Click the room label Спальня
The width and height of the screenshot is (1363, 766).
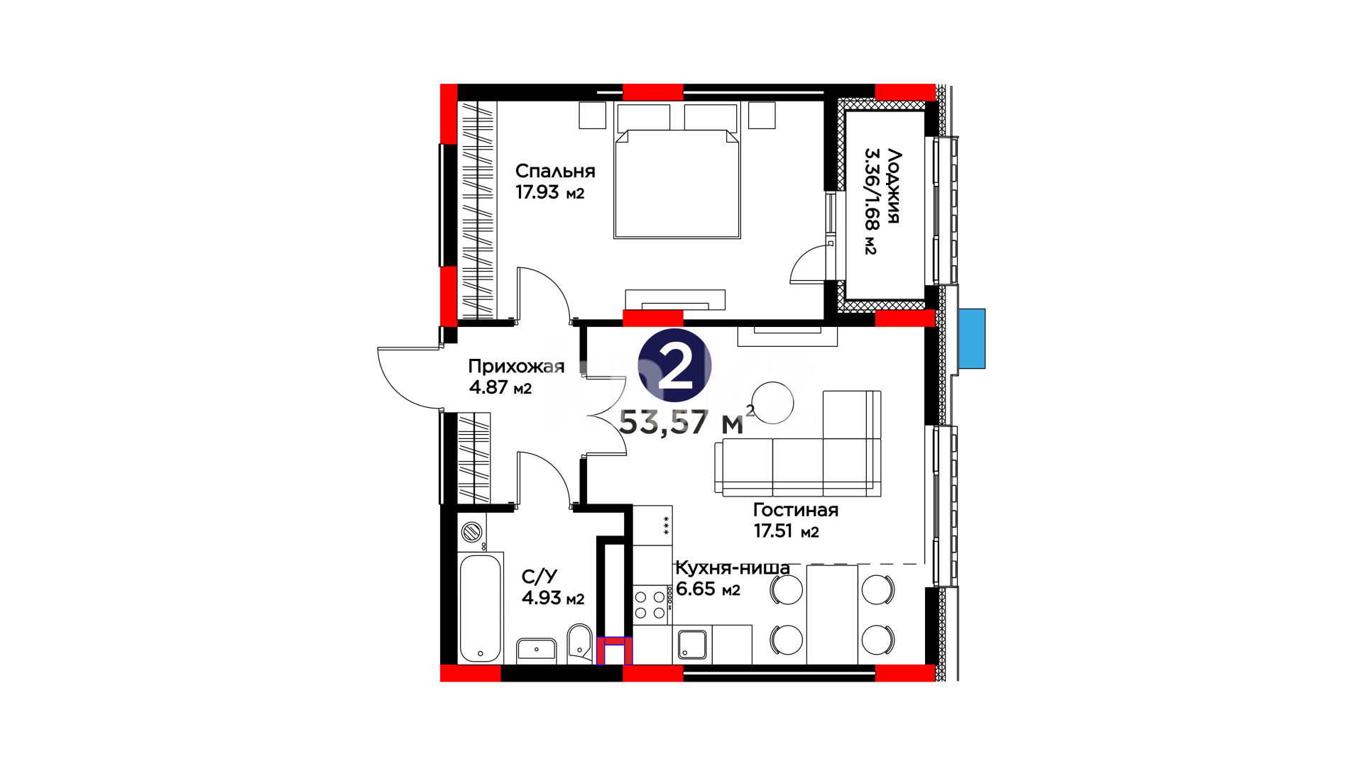pyautogui.click(x=555, y=172)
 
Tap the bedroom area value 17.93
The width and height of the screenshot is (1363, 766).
pyautogui.click(x=537, y=192)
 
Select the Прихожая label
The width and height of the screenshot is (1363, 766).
pyautogui.click(x=516, y=367)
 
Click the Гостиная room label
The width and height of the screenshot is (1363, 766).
pyautogui.click(x=796, y=510)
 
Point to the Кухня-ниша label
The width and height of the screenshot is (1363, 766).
pyautogui.click(x=733, y=568)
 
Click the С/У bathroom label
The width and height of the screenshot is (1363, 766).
pyautogui.click(x=540, y=577)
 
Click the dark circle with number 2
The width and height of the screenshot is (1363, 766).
pyautogui.click(x=674, y=365)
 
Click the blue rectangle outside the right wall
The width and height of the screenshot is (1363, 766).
pyautogui.click(x=972, y=338)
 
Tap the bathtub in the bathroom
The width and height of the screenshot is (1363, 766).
pyautogui.click(x=481, y=608)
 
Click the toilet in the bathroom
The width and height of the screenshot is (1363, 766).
pyautogui.click(x=580, y=642)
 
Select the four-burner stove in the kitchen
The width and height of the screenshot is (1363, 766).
pyautogui.click(x=652, y=605)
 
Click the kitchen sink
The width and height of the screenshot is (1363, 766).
pyautogui.click(x=692, y=644)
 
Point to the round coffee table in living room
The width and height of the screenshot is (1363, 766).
pyautogui.click(x=772, y=403)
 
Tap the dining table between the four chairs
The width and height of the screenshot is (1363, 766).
pyautogui.click(x=832, y=614)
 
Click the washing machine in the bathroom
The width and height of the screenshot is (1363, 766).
pyautogui.click(x=472, y=532)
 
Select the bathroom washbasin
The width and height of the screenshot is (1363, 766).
pyautogui.click(x=537, y=650)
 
